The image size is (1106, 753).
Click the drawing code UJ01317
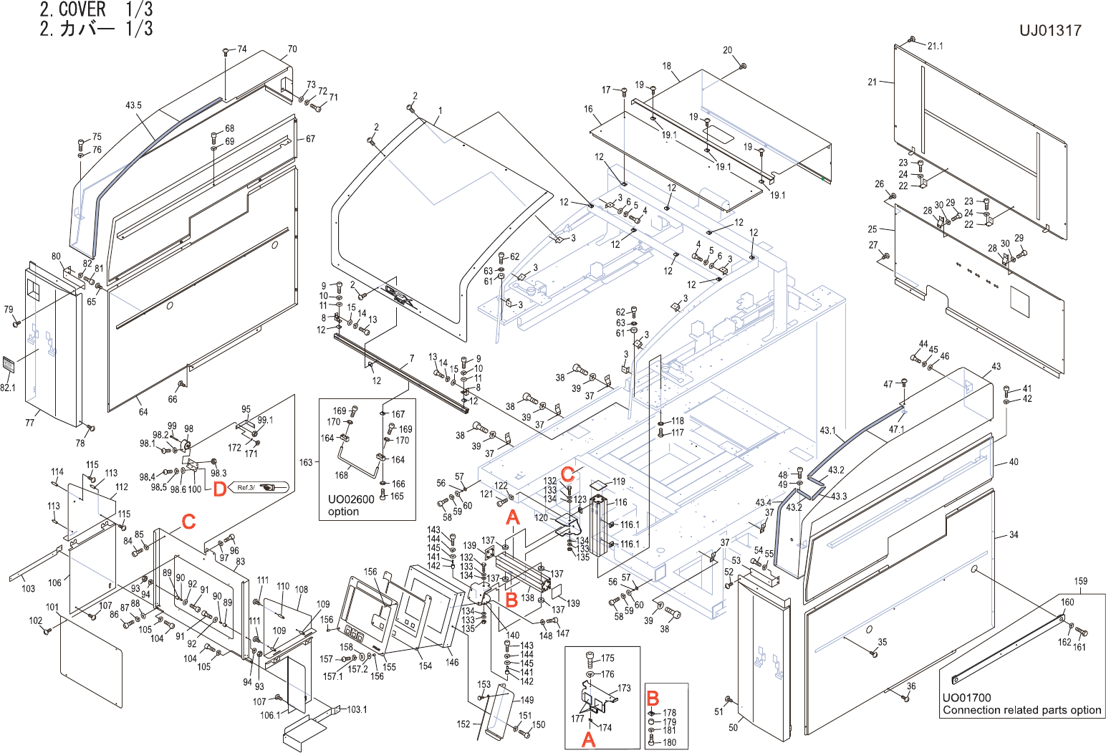coord(1050,31)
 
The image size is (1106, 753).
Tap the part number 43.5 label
coord(133,105)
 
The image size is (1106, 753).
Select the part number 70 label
coord(292,49)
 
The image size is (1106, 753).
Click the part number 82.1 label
coord(7,388)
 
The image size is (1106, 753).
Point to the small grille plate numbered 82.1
coord(8,365)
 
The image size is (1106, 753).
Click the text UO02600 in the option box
coord(351,499)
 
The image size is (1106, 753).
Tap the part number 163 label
coord(306,462)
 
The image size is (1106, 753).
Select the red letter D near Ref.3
coord(219,489)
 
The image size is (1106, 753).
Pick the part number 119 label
coord(619,481)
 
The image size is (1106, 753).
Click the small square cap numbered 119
coord(598,487)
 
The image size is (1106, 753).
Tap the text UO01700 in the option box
coord(966,698)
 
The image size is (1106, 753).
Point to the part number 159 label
coord(1080,581)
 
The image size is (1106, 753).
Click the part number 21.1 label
coord(936,46)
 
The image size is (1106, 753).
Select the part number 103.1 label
coord(357,709)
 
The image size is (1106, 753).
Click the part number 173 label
coord(624,688)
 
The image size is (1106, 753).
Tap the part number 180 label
coord(670,742)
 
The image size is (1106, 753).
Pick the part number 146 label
coord(452,662)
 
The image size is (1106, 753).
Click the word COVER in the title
coord(82,9)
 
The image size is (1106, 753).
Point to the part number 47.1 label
coord(897,430)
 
